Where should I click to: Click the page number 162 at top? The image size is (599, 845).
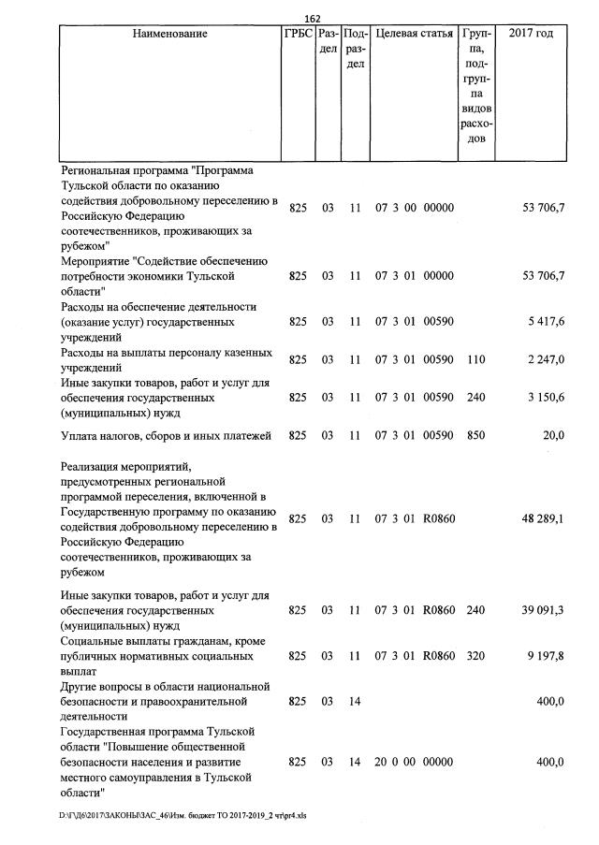click(313, 19)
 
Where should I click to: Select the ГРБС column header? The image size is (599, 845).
click(298, 35)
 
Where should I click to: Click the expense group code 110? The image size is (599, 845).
click(475, 359)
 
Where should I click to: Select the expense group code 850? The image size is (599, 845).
click(475, 434)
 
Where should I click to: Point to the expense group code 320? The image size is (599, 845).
click(475, 656)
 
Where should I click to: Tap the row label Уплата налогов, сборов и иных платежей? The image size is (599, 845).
click(165, 434)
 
